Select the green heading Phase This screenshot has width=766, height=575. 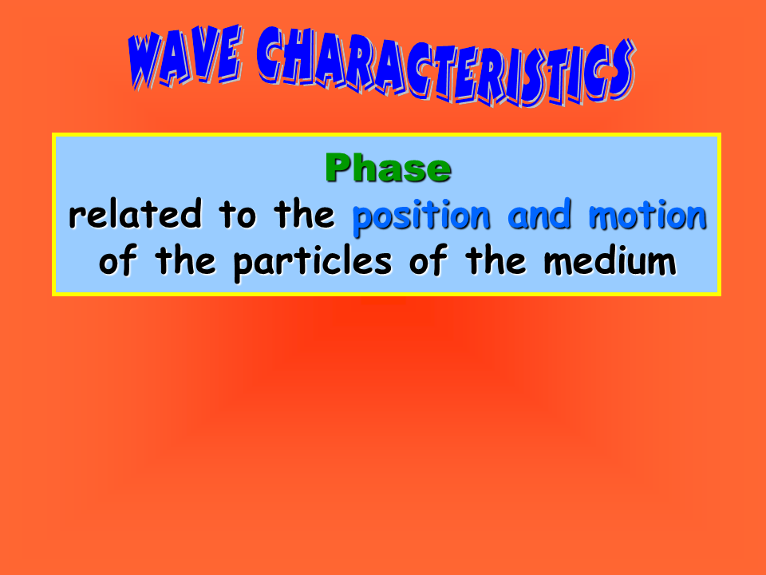(x=388, y=168)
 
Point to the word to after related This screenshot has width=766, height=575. (x=238, y=215)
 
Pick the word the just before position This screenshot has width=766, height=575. (x=304, y=214)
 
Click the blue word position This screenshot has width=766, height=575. (x=421, y=217)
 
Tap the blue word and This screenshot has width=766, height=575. (x=539, y=215)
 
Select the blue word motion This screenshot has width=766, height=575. (x=648, y=215)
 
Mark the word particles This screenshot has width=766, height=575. (x=313, y=263)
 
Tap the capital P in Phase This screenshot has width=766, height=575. (x=338, y=168)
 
